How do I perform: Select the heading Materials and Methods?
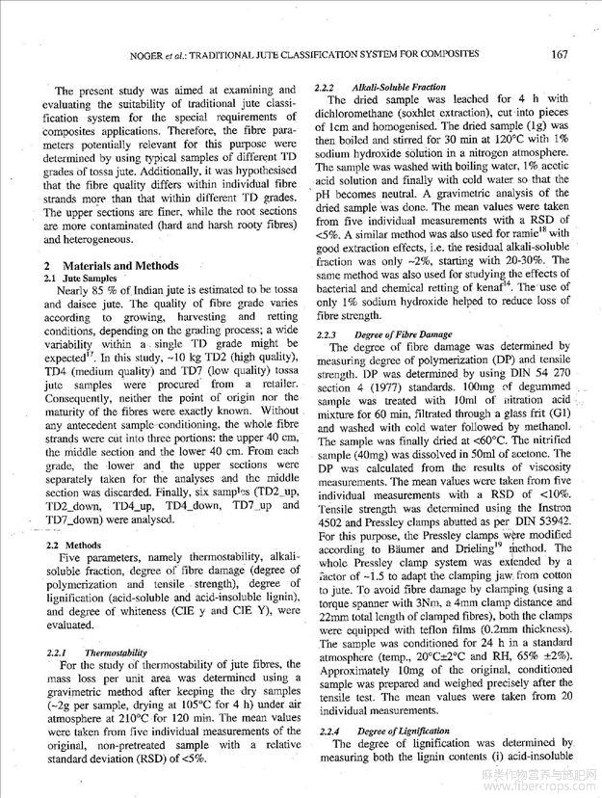tap(120, 265)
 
